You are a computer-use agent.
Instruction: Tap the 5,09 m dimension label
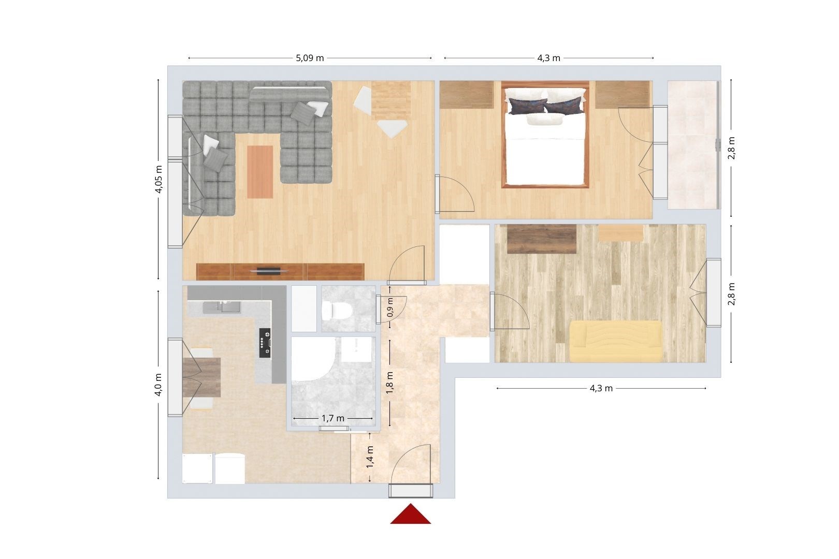point(310,58)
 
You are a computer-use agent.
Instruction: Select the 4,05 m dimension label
point(159,179)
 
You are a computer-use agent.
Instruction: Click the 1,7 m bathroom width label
point(332,418)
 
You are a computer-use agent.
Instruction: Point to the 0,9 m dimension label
point(390,307)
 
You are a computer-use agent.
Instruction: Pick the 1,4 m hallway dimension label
point(370,457)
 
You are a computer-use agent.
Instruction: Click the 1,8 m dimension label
point(390,383)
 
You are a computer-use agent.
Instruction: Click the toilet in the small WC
point(336,311)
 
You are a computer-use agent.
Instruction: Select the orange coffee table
point(260,172)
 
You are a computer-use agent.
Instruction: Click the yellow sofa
point(616,341)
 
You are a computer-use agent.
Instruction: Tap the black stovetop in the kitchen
point(265,343)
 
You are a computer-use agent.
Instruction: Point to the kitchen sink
point(222,307)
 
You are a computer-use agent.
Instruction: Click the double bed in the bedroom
point(545,135)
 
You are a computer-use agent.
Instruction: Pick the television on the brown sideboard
point(269,271)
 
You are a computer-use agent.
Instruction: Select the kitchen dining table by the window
point(201,377)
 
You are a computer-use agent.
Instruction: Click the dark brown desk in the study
point(542,239)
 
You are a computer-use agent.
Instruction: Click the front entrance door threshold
point(411,491)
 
